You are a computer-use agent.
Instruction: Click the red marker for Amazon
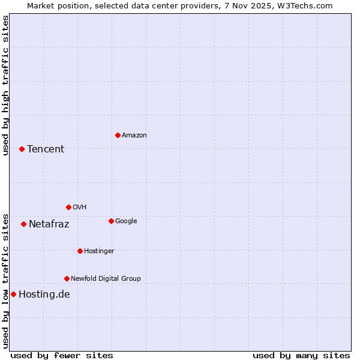[x=118, y=135]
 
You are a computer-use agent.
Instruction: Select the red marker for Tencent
[x=22, y=149]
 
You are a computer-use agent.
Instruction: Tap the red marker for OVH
[x=68, y=207]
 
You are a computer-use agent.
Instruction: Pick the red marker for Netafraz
[x=23, y=224]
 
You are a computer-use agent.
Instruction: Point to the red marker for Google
[x=111, y=221]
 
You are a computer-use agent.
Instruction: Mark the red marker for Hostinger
[x=80, y=251]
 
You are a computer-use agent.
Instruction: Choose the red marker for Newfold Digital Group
[x=67, y=278]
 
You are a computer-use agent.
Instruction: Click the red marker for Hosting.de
[x=13, y=294]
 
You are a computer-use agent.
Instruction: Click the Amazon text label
[x=134, y=135]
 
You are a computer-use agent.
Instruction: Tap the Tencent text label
[x=46, y=149]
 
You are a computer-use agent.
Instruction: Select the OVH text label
[x=79, y=207]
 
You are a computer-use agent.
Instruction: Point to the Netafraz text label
[x=49, y=224]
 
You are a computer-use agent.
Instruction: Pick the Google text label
[x=126, y=221]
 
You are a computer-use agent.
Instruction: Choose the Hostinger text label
[x=99, y=251]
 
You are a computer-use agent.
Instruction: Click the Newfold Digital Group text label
[x=106, y=278]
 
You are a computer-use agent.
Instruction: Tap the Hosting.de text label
[x=44, y=294]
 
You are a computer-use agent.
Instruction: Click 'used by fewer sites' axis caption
[x=62, y=355]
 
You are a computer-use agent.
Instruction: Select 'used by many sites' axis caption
[x=301, y=355]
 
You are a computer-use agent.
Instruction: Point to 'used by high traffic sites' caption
[x=5, y=85]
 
